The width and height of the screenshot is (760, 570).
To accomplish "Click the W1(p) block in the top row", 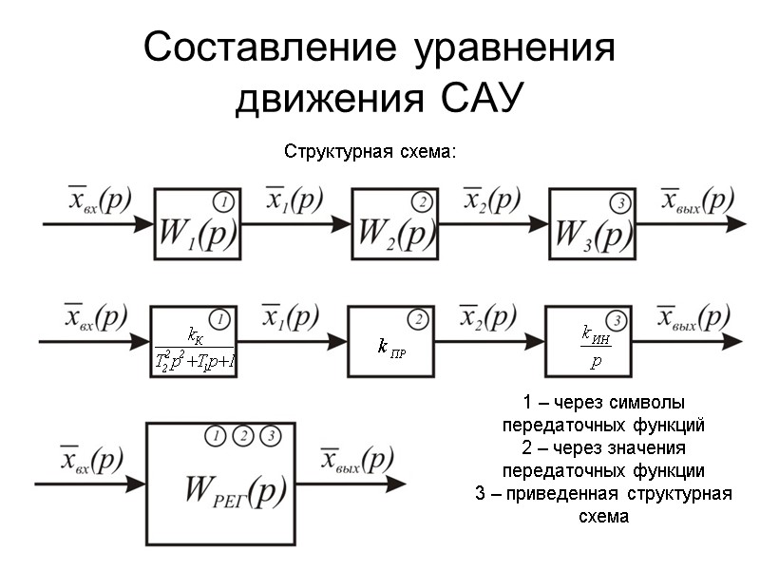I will pos(197,224).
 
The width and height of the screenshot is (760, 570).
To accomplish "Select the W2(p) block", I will pos(393,224).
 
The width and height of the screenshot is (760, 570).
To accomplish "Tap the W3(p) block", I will pos(592,224).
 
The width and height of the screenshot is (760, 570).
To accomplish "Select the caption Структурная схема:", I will pos(371,152).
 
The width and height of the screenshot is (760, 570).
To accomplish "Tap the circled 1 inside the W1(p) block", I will pos(223,202).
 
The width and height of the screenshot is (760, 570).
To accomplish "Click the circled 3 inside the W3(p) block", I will pos(619,202).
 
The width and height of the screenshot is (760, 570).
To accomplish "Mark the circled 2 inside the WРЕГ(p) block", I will pos(243,436).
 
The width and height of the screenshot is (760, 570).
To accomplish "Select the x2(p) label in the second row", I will pos(489,317).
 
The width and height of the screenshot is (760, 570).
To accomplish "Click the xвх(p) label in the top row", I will pos(98,200).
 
